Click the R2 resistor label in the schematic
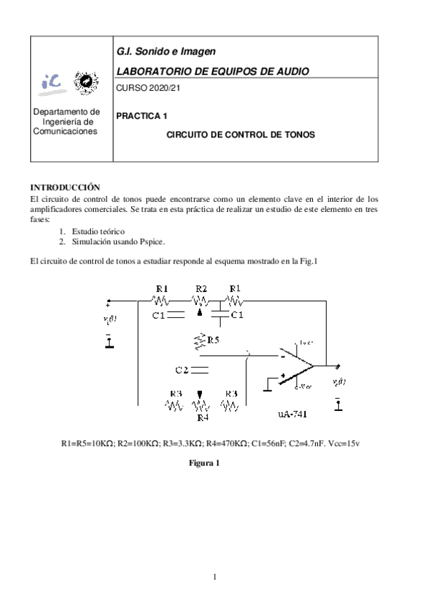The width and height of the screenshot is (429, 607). tap(201, 288)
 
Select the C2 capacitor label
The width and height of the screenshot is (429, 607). tap(182, 370)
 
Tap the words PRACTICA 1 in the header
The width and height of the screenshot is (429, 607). tap(142, 115)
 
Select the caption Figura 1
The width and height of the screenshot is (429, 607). tap(203, 463)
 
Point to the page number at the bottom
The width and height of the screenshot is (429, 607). tap(214, 576)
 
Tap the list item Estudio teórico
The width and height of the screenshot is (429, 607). tap(98, 231)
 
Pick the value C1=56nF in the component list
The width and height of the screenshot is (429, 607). tap(273, 444)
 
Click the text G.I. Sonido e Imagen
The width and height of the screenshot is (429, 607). tap(165, 52)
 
